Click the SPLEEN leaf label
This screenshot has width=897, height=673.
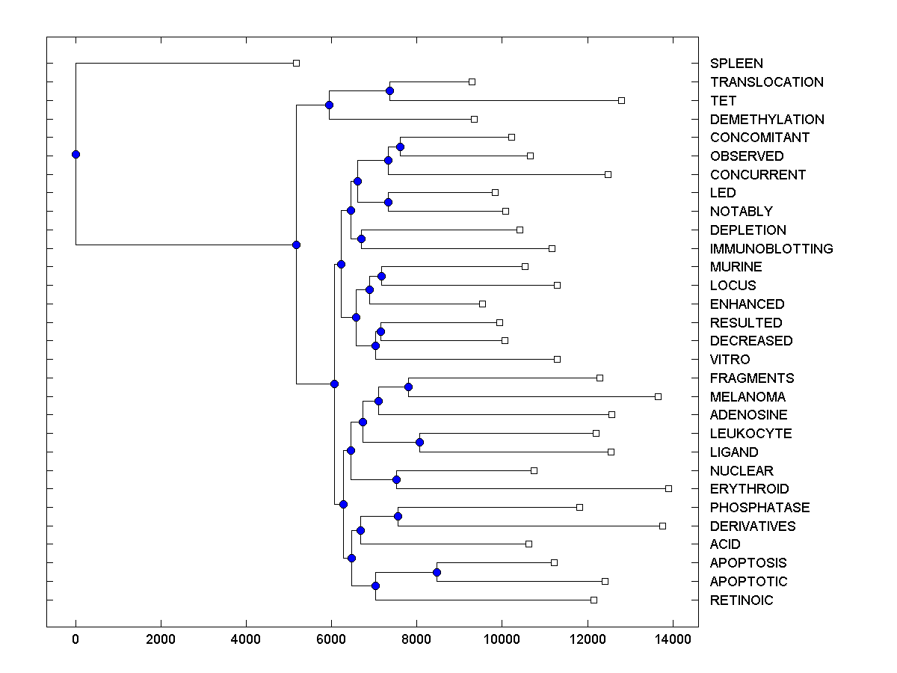coord(736,64)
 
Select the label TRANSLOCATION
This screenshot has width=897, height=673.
coord(766,82)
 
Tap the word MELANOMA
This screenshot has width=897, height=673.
coord(747,396)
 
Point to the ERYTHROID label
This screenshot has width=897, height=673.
coord(749,489)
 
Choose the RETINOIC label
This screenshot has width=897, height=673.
coord(742,600)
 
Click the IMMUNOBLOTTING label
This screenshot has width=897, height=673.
coord(771,248)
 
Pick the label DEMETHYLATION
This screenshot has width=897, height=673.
coord(767,119)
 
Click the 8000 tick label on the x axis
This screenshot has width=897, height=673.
coord(416,639)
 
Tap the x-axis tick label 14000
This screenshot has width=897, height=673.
coord(672,639)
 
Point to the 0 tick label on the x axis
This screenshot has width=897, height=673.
coord(75,639)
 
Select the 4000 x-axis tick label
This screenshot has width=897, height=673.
coord(246,639)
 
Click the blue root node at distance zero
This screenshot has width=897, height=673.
coord(75,154)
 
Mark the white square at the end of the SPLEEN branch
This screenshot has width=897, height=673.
coord(296,63)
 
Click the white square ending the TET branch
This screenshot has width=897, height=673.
coord(621,100)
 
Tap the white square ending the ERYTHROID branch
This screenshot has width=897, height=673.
coord(668,488)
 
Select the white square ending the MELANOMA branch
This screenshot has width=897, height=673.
coord(658,396)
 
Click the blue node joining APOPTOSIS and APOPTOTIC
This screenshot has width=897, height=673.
coord(437,572)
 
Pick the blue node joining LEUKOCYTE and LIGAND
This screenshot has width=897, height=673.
coord(419,442)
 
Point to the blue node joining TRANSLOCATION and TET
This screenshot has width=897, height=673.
coord(389,91)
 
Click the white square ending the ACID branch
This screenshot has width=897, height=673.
coord(528,544)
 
